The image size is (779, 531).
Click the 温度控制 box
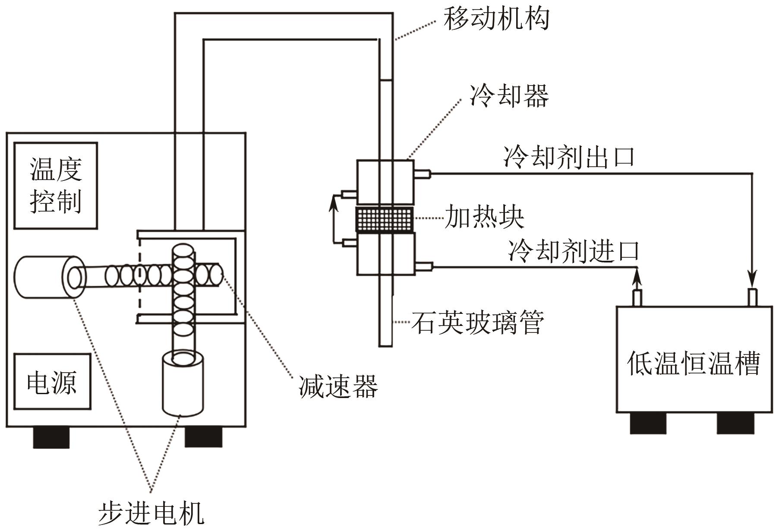click(x=56, y=185)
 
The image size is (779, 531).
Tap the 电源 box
click(x=52, y=381)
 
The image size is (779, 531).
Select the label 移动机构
click(x=496, y=19)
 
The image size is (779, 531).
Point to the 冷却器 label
click(x=509, y=96)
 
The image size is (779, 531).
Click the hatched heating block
click(x=384, y=219)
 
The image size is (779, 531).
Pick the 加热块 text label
click(x=484, y=217)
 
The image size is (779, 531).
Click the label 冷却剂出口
click(x=569, y=156)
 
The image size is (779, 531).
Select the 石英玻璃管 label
click(x=477, y=322)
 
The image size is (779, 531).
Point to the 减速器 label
click(x=338, y=386)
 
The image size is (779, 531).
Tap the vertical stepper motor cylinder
click(x=183, y=384)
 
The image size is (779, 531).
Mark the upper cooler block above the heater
click(x=385, y=182)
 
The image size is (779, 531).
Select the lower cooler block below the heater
click(x=385, y=254)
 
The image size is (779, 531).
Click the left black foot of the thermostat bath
click(x=648, y=423)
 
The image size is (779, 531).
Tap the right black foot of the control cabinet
click(x=203, y=437)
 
